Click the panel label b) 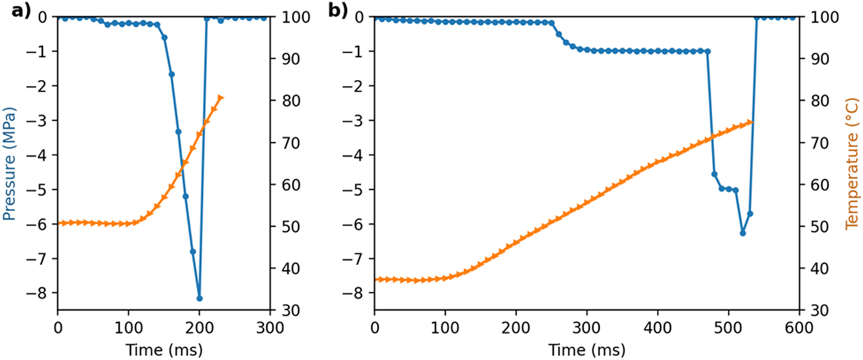click(x=339, y=11)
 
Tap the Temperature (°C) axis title click(x=851, y=163)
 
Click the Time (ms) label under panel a click(x=163, y=350)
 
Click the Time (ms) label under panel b click(x=587, y=350)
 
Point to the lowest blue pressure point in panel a click(x=200, y=298)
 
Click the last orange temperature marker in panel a click(x=221, y=97)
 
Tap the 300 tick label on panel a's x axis click(x=269, y=326)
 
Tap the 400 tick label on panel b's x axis click(x=657, y=326)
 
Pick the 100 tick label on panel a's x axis click(x=128, y=326)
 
